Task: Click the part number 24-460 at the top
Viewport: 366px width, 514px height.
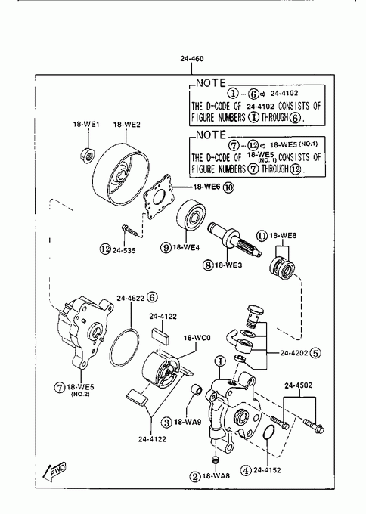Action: [192, 59]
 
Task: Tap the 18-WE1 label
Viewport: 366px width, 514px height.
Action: [86, 125]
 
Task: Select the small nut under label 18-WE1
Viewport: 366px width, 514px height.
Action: [88, 154]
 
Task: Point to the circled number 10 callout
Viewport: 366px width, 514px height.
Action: [228, 187]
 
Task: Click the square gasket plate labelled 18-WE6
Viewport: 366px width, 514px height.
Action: [158, 197]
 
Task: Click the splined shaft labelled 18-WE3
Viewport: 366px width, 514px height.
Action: [234, 240]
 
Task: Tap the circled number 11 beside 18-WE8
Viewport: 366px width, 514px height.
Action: [262, 235]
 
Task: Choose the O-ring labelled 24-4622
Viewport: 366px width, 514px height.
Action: [125, 348]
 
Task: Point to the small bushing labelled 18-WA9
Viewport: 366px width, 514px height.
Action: [197, 389]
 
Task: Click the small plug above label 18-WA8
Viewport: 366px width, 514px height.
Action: [216, 460]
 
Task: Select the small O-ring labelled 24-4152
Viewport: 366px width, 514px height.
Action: [269, 433]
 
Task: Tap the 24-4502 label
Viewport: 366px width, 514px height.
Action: [299, 385]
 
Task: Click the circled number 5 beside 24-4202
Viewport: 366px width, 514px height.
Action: [315, 353]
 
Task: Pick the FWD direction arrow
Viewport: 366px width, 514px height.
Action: [54, 472]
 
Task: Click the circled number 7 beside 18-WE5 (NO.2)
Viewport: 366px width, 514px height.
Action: [59, 387]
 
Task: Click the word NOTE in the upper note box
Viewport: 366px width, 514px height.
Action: [211, 83]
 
